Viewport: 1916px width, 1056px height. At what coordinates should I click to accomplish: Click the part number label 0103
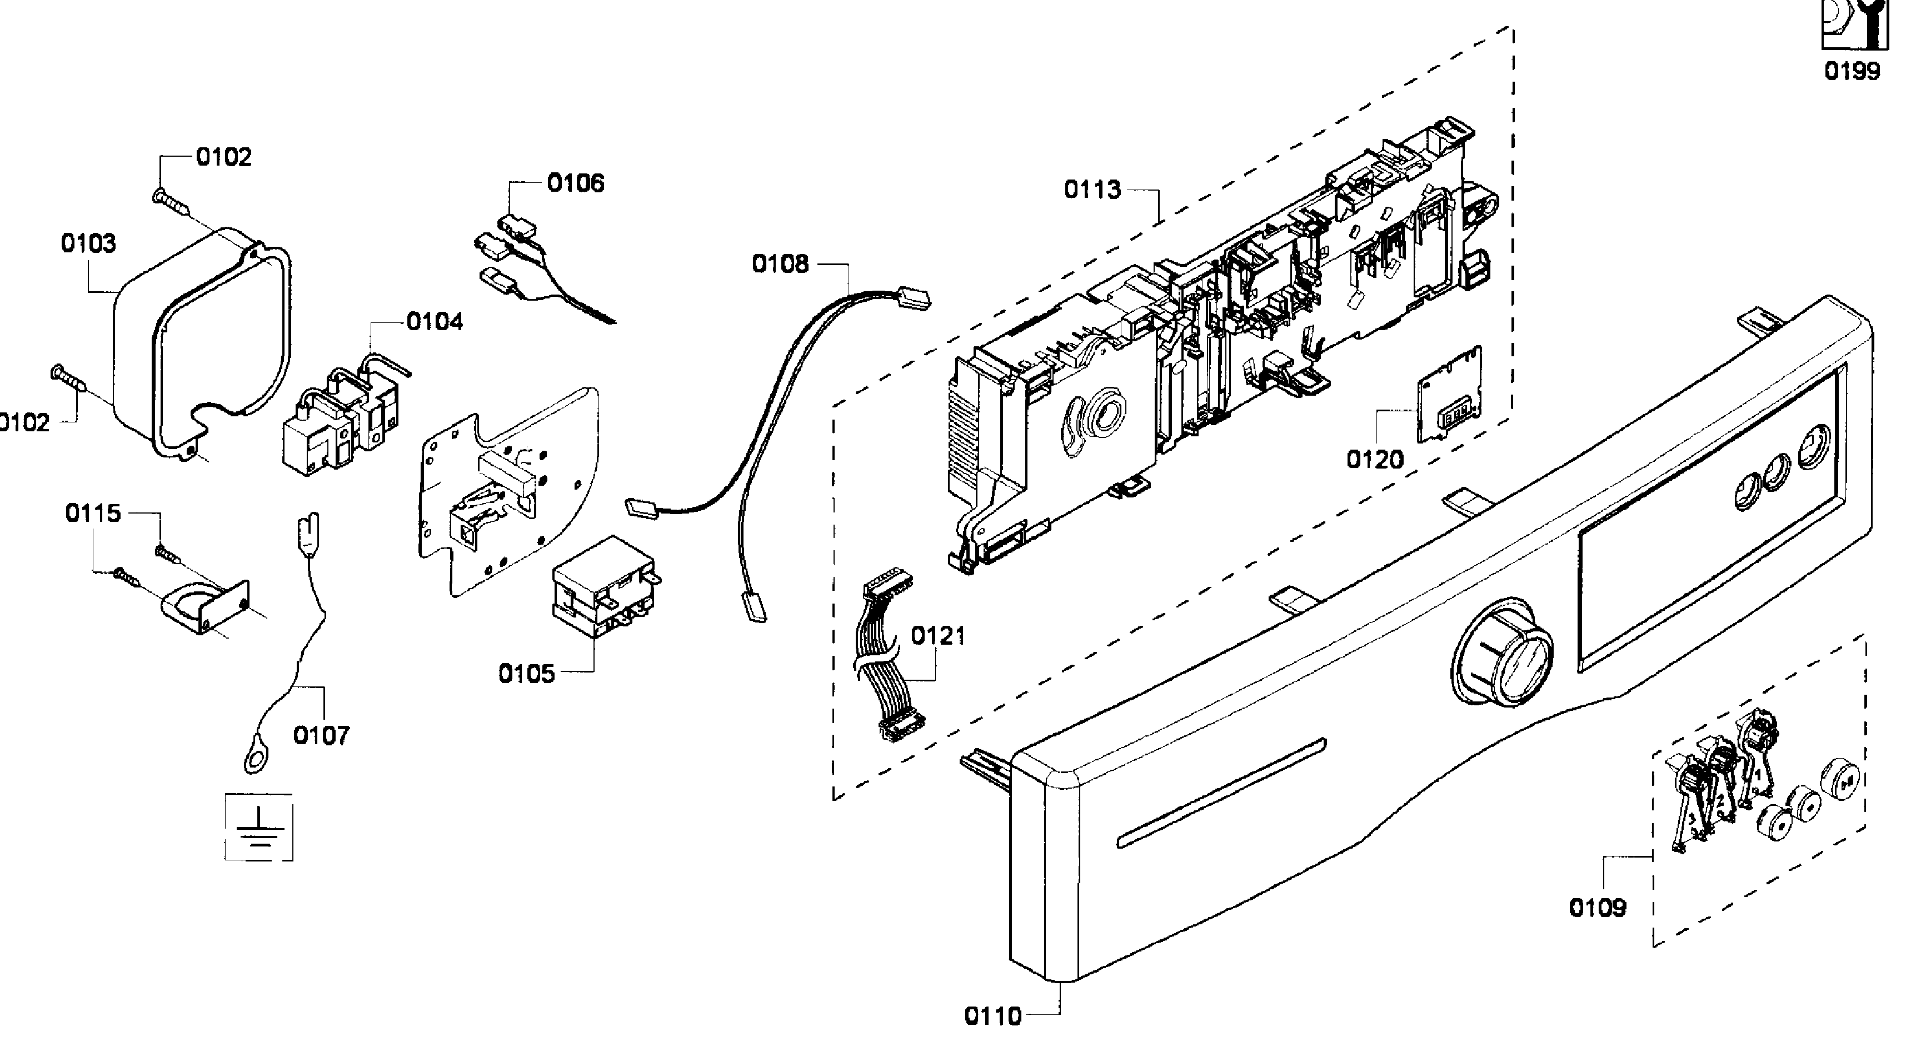pyautogui.click(x=88, y=243)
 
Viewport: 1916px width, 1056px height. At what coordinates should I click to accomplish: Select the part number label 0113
pyautogui.click(x=1092, y=190)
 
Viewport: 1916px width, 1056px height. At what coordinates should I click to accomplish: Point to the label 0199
pyautogui.click(x=1852, y=72)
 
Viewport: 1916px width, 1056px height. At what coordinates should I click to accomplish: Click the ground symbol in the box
pyautogui.click(x=258, y=828)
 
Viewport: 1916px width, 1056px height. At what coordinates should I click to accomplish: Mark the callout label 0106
pyautogui.click(x=576, y=183)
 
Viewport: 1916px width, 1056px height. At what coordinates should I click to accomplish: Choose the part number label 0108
pyautogui.click(x=780, y=263)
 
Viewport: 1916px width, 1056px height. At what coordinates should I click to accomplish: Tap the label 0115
pyautogui.click(x=93, y=513)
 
